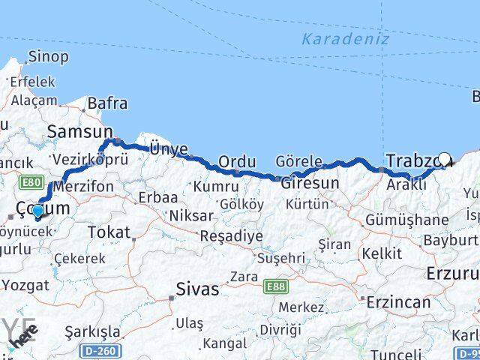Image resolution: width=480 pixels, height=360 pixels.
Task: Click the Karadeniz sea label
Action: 346,39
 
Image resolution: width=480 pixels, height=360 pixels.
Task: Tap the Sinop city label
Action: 48,56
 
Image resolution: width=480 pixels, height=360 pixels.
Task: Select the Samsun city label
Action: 73,132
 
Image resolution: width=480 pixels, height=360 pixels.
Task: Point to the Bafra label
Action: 107,103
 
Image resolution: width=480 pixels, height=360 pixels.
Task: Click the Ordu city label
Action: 237,161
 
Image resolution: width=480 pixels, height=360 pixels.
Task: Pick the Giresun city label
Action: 310,182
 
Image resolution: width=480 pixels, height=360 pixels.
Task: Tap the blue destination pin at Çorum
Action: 37,212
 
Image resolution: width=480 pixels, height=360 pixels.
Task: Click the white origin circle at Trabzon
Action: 445,160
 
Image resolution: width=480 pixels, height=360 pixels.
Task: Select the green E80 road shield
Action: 31,182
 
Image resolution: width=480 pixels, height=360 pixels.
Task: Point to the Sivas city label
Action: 197,288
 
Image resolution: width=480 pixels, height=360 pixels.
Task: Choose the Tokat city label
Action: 109,232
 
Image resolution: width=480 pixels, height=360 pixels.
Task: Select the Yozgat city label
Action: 25,285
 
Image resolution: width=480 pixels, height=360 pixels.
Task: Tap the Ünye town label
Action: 168,149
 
